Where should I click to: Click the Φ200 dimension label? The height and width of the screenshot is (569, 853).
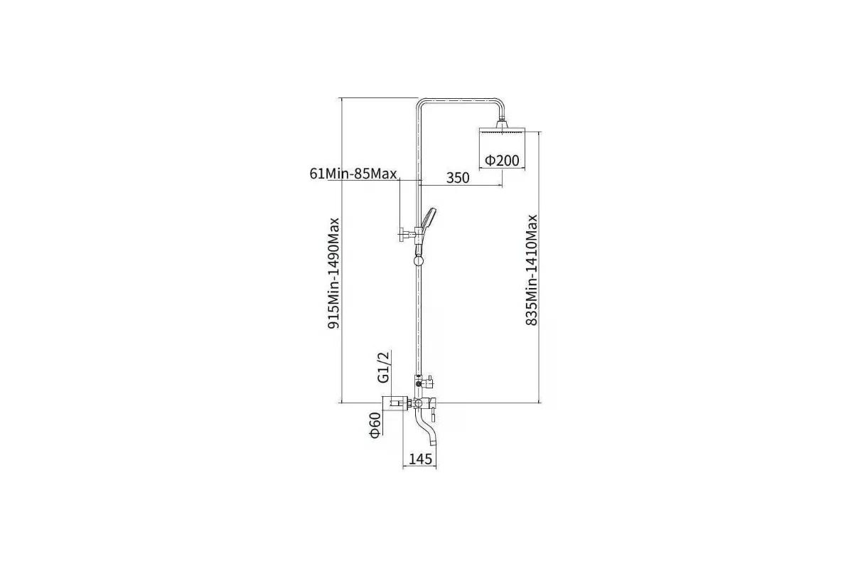[x=502, y=161]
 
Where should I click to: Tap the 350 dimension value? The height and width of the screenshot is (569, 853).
[x=458, y=178]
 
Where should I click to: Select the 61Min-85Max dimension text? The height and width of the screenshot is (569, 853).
[x=353, y=174]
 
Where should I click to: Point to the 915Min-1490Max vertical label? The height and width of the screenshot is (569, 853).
[x=333, y=273]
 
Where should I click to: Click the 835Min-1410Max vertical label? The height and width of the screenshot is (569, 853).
[x=531, y=270]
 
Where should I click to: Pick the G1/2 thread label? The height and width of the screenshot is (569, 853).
[x=384, y=366]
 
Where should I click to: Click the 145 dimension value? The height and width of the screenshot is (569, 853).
[x=420, y=459]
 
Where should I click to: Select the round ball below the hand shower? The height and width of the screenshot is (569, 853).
[x=419, y=260]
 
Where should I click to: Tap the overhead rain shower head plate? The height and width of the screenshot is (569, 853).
[x=502, y=130]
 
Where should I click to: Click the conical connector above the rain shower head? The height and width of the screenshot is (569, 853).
[x=502, y=124]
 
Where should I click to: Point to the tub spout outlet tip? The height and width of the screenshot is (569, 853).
[x=432, y=442]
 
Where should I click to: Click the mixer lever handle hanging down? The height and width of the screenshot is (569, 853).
[x=433, y=415]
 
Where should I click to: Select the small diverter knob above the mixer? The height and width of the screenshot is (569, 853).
[x=429, y=381]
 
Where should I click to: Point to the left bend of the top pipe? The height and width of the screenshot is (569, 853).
[x=420, y=102]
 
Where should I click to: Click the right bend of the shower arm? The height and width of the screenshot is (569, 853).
[x=500, y=103]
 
